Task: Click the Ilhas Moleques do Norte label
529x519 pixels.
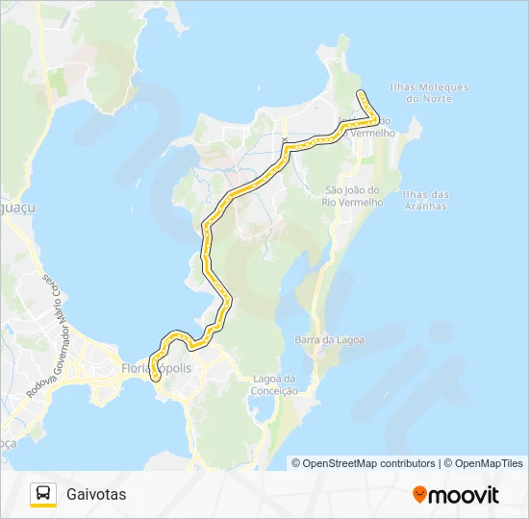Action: tap(430, 92)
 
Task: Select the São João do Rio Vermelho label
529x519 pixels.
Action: tap(354, 196)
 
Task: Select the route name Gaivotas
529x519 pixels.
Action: tap(96, 495)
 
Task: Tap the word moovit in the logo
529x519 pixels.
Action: tap(465, 495)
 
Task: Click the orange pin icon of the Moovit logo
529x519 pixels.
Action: tap(419, 494)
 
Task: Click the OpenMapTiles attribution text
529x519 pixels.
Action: tap(489, 463)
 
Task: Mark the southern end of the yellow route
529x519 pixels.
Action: tap(156, 379)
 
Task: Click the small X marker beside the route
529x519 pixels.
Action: tap(285, 141)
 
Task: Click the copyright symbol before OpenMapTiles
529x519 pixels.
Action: tap(449, 463)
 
